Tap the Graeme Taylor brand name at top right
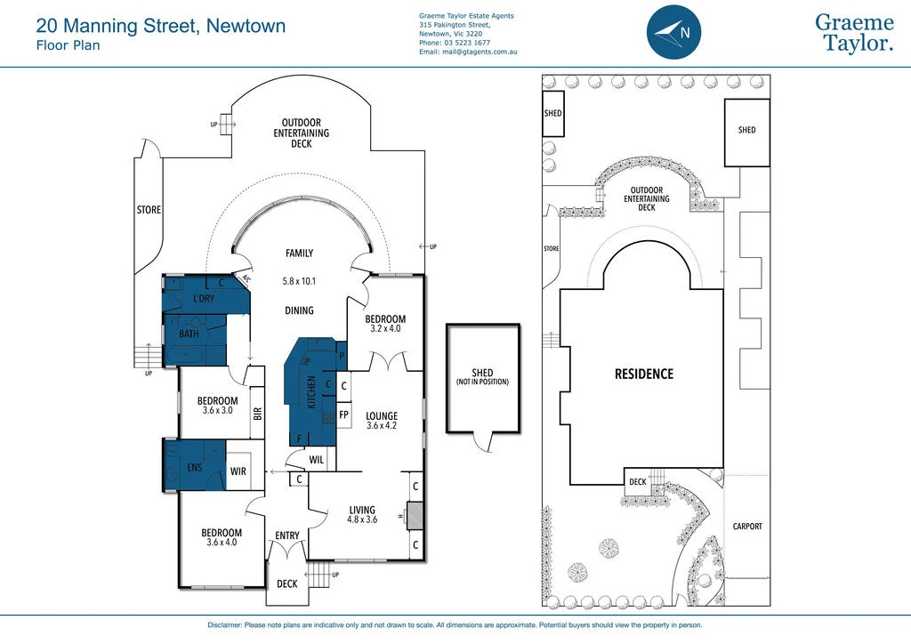(854, 33)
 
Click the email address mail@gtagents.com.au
(468, 52)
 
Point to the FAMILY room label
(299, 254)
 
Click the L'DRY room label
(204, 299)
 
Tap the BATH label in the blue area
(189, 334)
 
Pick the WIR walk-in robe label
(238, 471)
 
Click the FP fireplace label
(343, 415)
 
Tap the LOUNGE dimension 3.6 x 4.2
(382, 426)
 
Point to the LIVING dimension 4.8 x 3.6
(362, 519)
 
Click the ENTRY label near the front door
(287, 535)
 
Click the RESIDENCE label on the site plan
(644, 374)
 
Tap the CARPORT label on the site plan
(747, 527)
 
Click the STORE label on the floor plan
(149, 210)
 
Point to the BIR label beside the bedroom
(257, 414)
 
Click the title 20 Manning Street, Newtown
(161, 26)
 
